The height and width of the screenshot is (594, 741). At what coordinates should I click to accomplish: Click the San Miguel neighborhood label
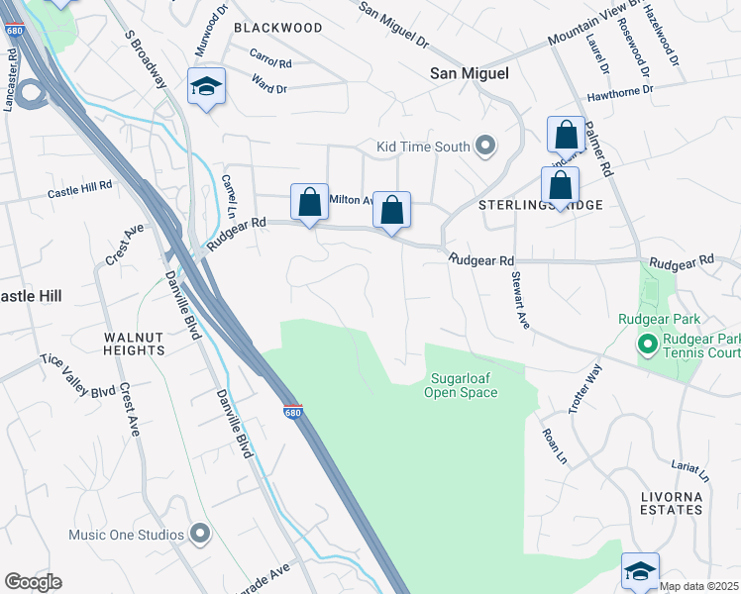click(x=470, y=73)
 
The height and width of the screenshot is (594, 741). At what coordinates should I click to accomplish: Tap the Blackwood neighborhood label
click(x=277, y=28)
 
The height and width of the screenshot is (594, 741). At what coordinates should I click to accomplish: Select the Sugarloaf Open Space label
click(x=461, y=385)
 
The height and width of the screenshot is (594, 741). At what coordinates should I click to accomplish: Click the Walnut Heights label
click(x=134, y=344)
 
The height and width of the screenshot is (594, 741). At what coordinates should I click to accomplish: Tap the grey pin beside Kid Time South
click(x=484, y=147)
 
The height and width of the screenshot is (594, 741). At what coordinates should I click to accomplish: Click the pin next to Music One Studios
click(x=199, y=535)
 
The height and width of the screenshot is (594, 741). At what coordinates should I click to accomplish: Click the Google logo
click(x=33, y=581)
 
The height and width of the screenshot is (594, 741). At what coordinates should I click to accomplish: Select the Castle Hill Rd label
click(x=80, y=187)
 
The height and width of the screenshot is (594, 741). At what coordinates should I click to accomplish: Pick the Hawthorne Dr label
click(x=620, y=89)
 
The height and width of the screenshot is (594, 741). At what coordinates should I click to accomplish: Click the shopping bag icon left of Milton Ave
click(x=309, y=202)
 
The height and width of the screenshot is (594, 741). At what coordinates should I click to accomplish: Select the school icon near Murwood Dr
click(x=208, y=86)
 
